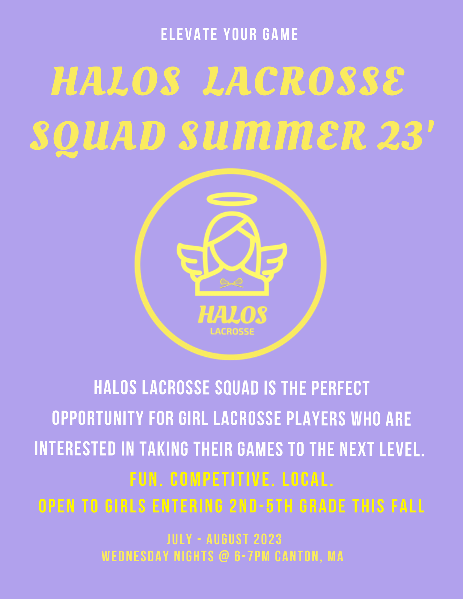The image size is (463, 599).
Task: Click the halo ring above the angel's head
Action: [232, 199]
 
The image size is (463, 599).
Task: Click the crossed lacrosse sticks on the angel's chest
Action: [231, 283]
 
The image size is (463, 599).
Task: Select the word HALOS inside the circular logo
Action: [232, 315]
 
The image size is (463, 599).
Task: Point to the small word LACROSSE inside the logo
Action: [232, 332]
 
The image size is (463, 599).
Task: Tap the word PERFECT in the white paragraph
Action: [340, 388]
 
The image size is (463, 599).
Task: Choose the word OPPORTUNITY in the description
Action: [97, 418]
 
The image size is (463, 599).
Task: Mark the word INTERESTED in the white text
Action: [75, 449]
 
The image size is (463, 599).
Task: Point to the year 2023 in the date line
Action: [268, 539]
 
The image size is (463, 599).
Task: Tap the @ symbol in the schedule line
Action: [224, 556]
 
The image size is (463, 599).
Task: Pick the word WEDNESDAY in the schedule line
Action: [135, 556]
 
